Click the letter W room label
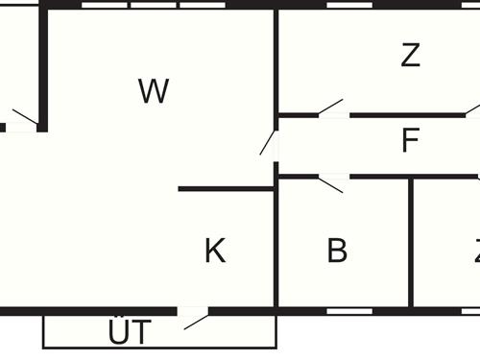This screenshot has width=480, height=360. click(154, 92)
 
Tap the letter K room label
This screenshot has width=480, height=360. click(215, 252)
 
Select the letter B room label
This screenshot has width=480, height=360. click(337, 252)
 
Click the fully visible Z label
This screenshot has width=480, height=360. click(411, 56)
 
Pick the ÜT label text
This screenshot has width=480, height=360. click(129, 333)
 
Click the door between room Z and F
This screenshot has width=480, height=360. click(332, 109)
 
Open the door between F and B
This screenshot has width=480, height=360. click(332, 181)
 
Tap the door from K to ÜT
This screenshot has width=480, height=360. click(194, 316)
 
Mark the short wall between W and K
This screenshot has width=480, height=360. click(227, 189)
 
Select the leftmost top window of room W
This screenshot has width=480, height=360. click(105, 5)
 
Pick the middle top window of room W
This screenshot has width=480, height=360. click(154, 5)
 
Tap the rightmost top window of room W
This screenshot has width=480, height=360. click(203, 5)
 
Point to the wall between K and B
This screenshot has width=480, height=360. click(276, 245)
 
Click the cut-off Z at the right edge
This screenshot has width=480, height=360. click(476, 252)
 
